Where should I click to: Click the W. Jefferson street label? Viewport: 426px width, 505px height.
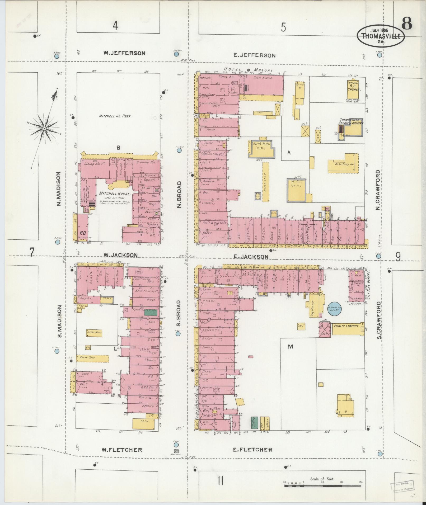pyautogui.click(x=124, y=53)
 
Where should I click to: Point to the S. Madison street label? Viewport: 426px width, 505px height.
pyautogui.click(x=60, y=321)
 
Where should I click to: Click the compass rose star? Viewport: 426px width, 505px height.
pyautogui.click(x=45, y=128)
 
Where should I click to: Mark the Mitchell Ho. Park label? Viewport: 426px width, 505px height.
pyautogui.click(x=115, y=116)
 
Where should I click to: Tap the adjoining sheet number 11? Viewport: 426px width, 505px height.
pyautogui.click(x=221, y=481)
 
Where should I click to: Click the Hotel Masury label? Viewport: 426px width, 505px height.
pyautogui.click(x=248, y=70)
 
